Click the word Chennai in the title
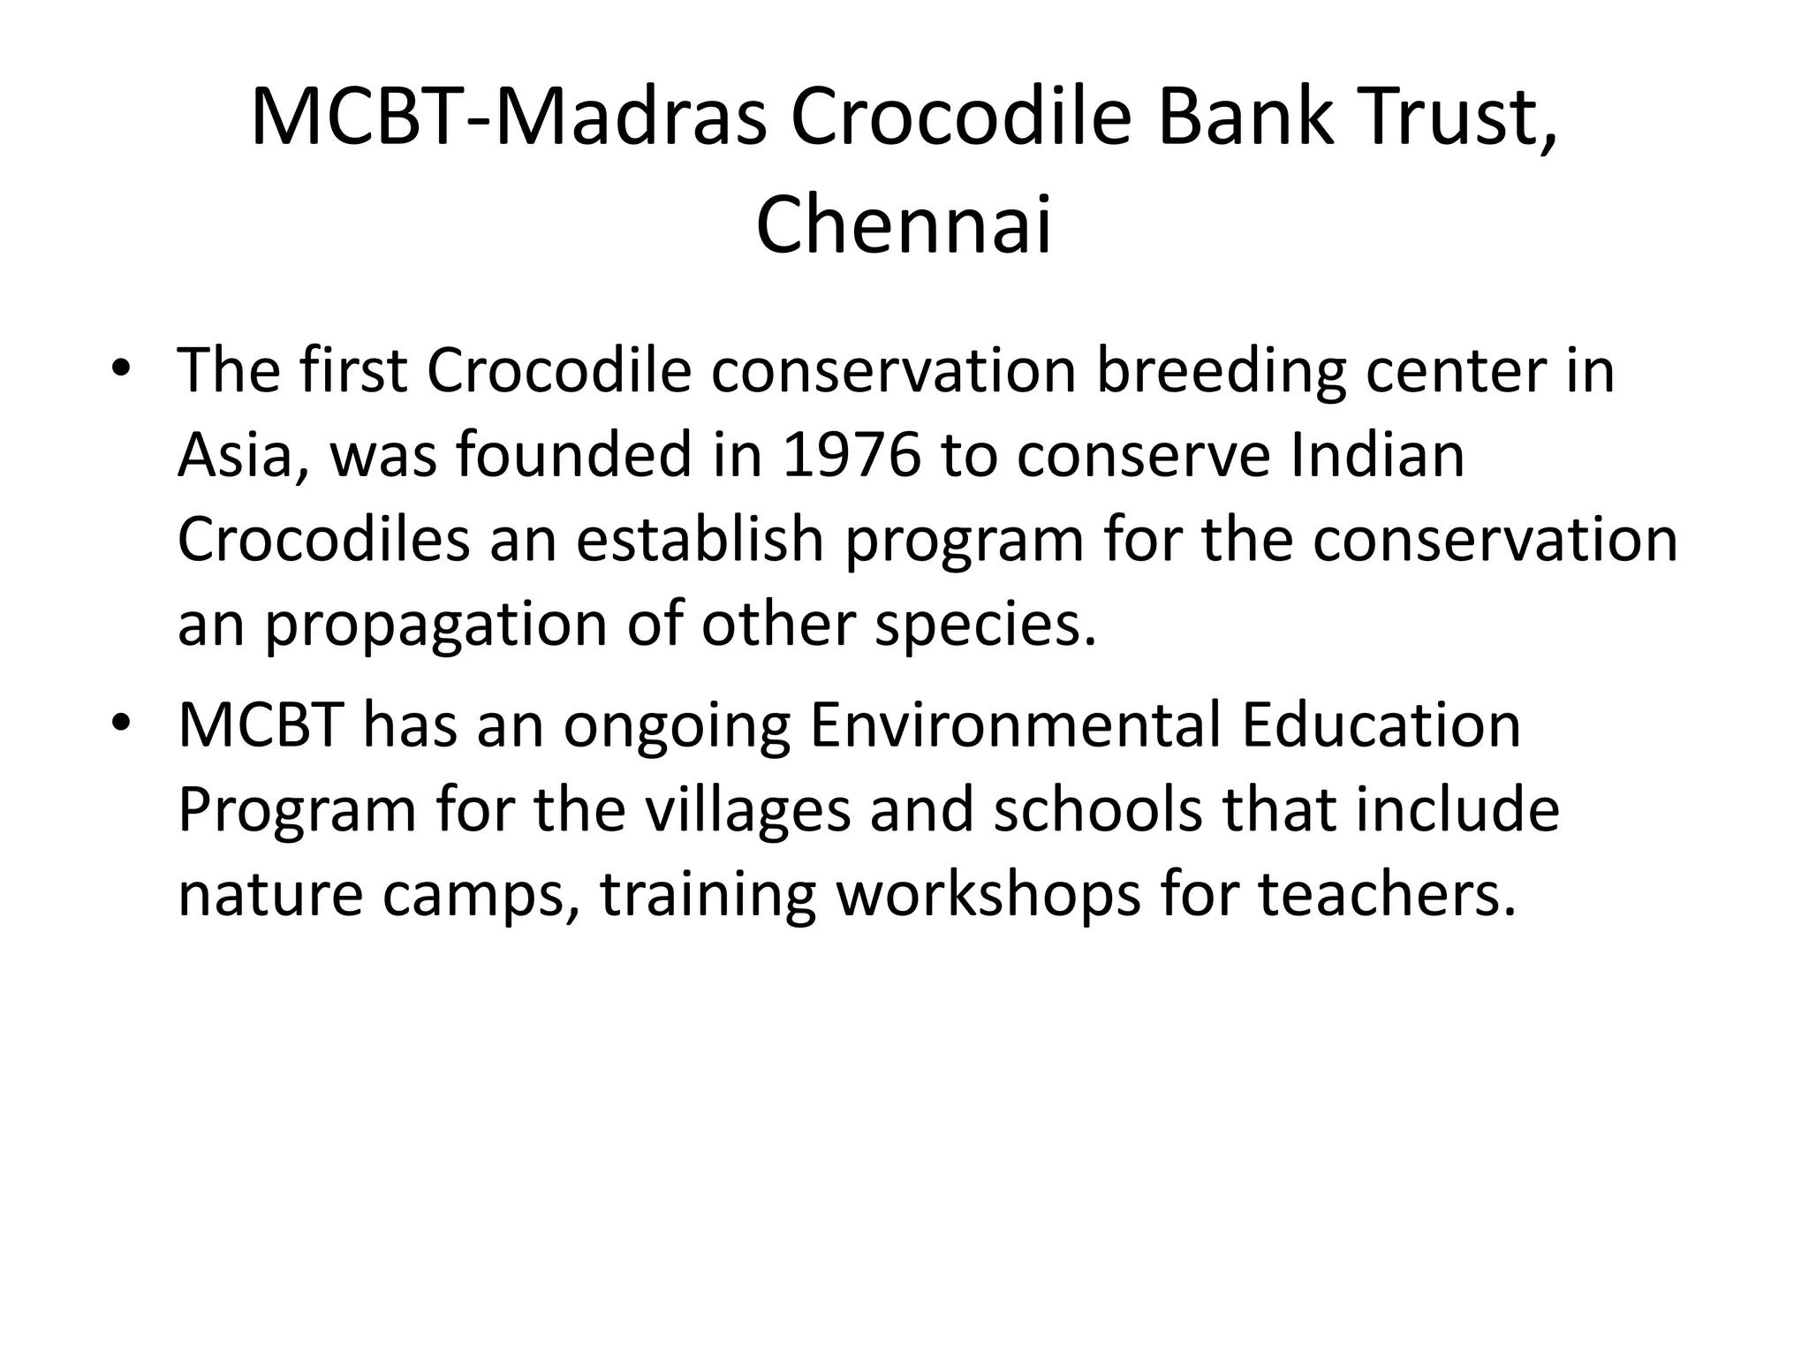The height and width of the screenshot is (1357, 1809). (x=904, y=225)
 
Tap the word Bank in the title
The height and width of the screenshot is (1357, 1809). (x=1242, y=118)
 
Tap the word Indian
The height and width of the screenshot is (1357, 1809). (x=1377, y=456)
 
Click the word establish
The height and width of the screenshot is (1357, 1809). (x=700, y=540)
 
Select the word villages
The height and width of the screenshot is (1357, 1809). (x=746, y=809)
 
